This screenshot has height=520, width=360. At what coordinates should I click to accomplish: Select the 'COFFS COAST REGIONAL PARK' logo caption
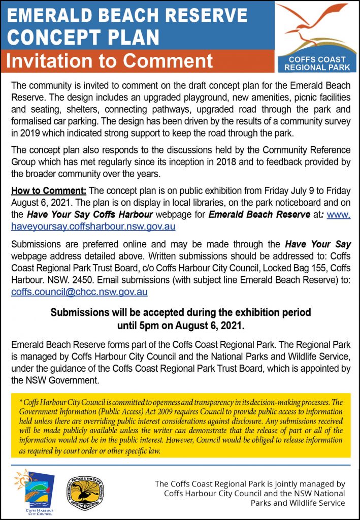(x=317, y=63)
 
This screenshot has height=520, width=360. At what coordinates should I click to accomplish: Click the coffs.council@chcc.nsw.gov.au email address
(x=79, y=292)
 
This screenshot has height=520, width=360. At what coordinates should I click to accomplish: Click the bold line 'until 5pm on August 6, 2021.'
(x=180, y=323)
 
